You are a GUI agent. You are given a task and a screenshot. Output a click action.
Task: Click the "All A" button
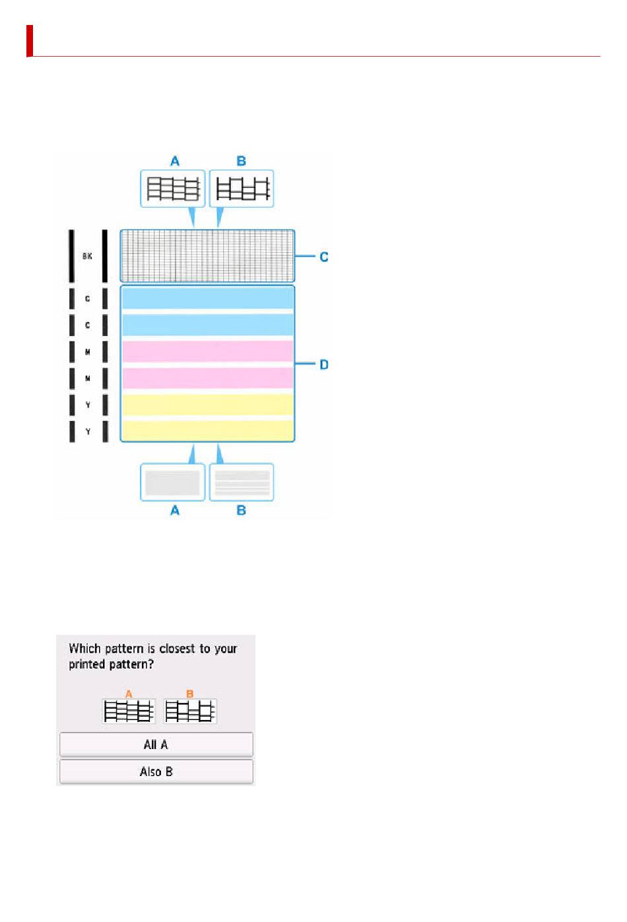coord(156,744)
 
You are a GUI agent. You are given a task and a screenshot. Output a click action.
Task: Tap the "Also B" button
coord(156,772)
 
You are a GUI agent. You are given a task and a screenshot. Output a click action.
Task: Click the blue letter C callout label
coord(324,257)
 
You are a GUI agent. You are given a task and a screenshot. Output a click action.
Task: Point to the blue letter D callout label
coord(324,364)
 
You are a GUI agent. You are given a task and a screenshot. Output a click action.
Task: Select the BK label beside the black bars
coord(87,256)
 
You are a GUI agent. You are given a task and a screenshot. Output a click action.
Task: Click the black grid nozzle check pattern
coord(207,256)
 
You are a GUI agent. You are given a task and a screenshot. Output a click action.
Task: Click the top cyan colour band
coord(208,298)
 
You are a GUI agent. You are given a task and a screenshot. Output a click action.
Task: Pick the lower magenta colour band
coord(208,378)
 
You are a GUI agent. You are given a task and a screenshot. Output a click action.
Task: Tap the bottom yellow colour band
coord(208,430)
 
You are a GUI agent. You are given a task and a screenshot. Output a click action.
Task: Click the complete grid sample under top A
coord(173,189)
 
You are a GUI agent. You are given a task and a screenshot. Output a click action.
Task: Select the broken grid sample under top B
coord(242,189)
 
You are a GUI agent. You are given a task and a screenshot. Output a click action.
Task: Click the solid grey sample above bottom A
coord(172,482)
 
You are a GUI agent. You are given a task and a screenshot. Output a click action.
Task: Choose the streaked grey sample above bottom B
coord(242,482)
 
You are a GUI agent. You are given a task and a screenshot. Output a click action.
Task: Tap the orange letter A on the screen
coord(129,694)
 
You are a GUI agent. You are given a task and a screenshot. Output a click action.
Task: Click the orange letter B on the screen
coord(190,694)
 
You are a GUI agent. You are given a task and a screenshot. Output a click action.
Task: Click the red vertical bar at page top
coord(30,41)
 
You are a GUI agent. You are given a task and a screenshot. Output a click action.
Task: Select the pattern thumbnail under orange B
coord(190,711)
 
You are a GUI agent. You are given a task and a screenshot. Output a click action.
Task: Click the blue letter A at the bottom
coord(175,510)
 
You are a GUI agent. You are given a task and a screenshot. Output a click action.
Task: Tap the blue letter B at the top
coord(242,161)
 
